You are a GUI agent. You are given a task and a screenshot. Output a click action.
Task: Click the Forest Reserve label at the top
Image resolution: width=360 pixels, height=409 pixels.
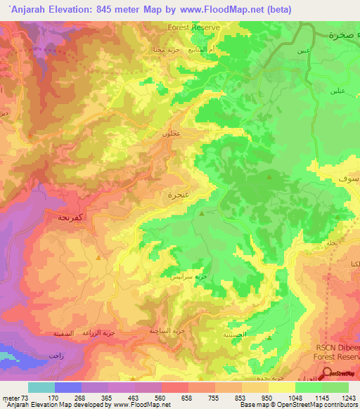(x=194, y=27)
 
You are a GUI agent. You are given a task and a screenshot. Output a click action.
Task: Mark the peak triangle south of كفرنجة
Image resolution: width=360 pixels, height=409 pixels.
(x=98, y=257)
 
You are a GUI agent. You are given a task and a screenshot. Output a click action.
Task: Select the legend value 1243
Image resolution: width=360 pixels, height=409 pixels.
(x=347, y=397)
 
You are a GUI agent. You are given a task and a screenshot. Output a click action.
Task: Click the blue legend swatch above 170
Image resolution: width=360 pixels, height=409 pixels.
(x=68, y=387)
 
